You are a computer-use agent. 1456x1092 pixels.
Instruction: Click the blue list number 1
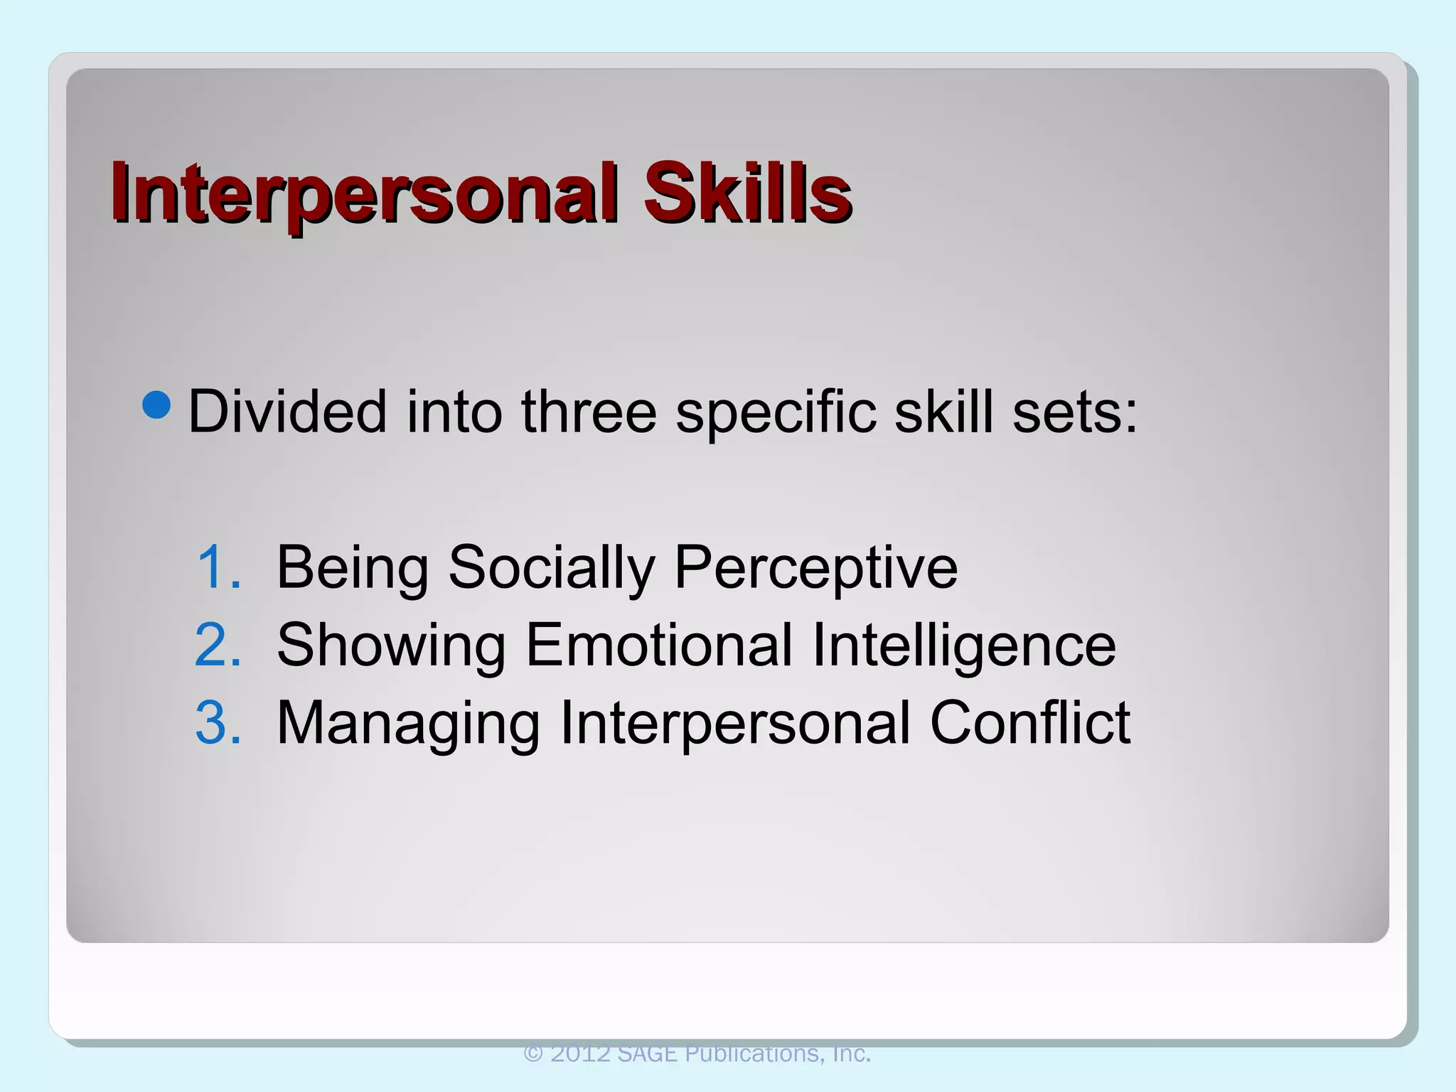tap(218, 567)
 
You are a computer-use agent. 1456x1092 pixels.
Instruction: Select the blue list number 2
tap(218, 645)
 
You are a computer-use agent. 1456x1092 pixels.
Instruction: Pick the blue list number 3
tap(218, 722)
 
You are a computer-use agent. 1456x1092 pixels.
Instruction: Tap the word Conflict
tap(1029, 722)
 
